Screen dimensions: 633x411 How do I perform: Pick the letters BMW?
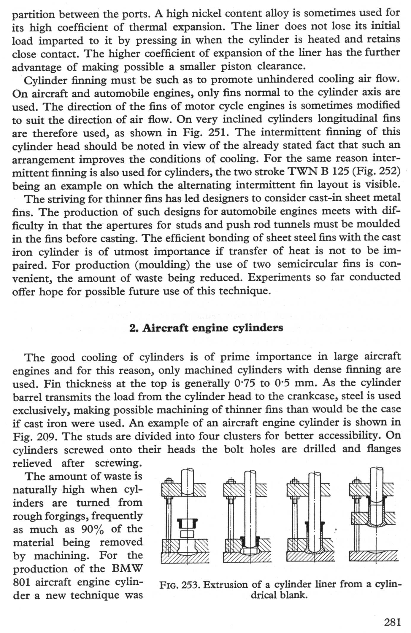(x=127, y=569)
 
